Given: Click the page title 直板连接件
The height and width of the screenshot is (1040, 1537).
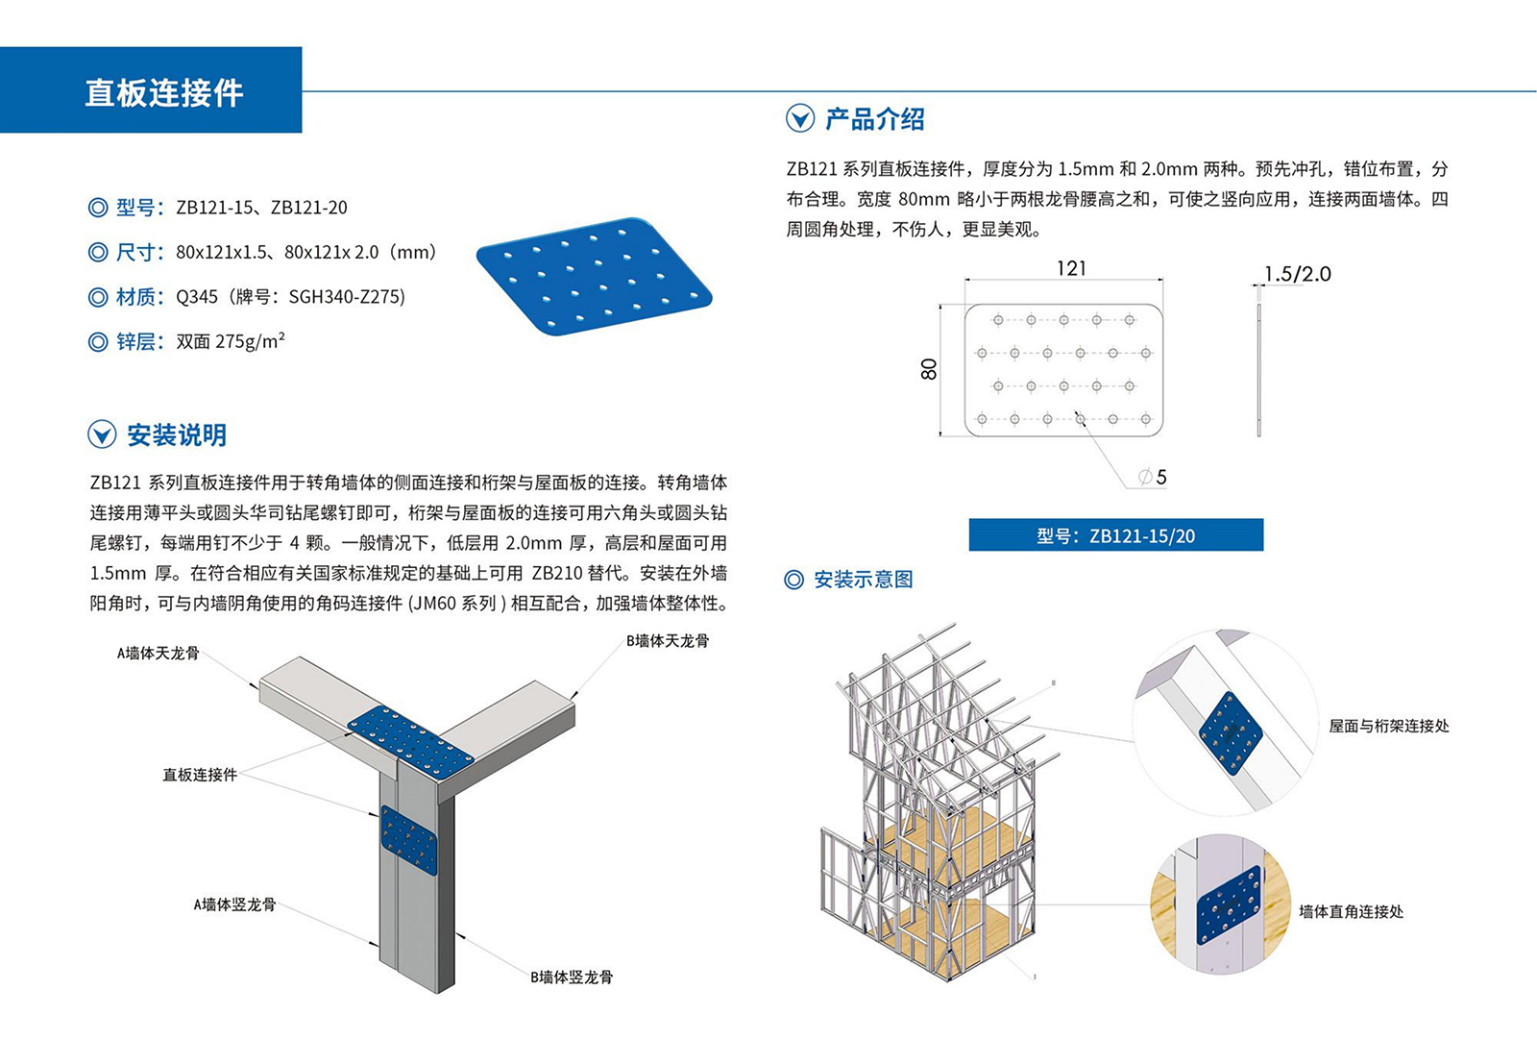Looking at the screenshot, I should click(164, 92).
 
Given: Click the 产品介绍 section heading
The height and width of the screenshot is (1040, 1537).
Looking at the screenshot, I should click(873, 119).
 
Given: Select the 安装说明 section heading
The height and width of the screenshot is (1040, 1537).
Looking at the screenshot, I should click(177, 435).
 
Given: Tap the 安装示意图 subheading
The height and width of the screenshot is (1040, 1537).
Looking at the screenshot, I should click(863, 580).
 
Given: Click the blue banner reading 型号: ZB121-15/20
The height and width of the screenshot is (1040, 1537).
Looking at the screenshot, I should click(1115, 535).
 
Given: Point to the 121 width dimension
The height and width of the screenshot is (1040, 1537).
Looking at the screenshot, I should click(1071, 268).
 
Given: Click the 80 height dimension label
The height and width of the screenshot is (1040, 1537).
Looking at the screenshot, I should click(928, 369).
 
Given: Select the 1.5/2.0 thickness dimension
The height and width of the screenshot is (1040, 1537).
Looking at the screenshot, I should click(1297, 274).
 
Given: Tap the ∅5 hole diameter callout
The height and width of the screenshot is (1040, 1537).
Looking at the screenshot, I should click(1153, 477).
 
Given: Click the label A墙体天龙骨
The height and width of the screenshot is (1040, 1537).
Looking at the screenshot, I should click(159, 654).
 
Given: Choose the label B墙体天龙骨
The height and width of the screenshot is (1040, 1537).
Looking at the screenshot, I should click(668, 641).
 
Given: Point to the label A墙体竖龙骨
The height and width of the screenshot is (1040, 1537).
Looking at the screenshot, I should click(234, 904).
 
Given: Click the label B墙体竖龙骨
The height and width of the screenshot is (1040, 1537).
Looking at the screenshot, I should click(572, 978).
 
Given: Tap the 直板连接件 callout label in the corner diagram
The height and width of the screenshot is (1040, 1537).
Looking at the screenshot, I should click(200, 775).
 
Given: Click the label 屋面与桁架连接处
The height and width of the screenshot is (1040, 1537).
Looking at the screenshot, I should click(1388, 727).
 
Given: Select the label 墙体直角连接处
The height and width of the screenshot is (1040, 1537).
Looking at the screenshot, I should click(1351, 911).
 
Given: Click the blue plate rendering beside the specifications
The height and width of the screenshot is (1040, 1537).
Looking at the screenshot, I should click(594, 276).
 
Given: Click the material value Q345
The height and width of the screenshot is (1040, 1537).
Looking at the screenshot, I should click(197, 297).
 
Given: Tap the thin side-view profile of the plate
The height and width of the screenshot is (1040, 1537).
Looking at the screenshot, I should click(1258, 370).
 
